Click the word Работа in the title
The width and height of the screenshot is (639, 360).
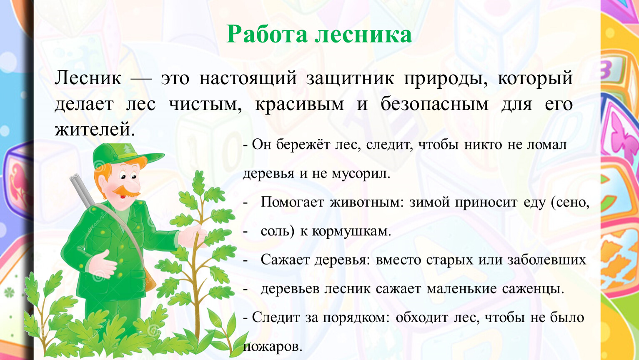[x=267, y=35]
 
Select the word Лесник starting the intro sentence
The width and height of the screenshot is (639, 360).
[x=88, y=78]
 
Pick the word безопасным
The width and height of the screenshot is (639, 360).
[x=434, y=104]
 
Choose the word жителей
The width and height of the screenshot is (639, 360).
[x=95, y=130]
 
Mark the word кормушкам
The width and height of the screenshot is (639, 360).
[x=351, y=231]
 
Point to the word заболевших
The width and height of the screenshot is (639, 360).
[x=546, y=260]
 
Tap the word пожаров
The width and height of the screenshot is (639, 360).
[x=272, y=347]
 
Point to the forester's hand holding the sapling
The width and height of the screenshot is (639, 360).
[x=192, y=236]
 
